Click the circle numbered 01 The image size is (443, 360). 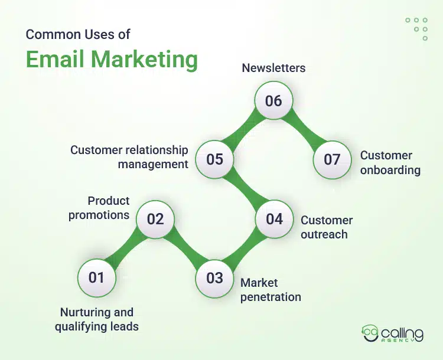pyautogui.click(x=96, y=277)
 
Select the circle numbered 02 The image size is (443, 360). pyautogui.click(x=155, y=219)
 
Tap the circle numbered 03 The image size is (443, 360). pyautogui.click(x=214, y=277)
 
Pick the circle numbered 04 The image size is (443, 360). pyautogui.click(x=274, y=219)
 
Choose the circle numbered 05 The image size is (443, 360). pyautogui.click(x=214, y=159)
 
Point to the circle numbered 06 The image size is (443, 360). pyautogui.click(x=273, y=100)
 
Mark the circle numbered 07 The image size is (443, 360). pyautogui.click(x=332, y=159)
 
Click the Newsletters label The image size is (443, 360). pyautogui.click(x=273, y=68)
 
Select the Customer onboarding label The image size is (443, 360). pyautogui.click(x=390, y=163)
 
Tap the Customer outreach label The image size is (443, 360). pyautogui.click(x=327, y=227)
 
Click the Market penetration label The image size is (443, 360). pyautogui.click(x=271, y=290)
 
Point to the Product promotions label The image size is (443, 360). pyautogui.click(x=99, y=208)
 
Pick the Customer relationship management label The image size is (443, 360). pyautogui.click(x=129, y=157)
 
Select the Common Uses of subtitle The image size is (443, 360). pyautogui.click(x=77, y=34)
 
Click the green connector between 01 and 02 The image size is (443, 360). pyautogui.click(x=125, y=248)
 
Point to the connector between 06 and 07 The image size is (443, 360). pyautogui.click(x=303, y=130)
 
